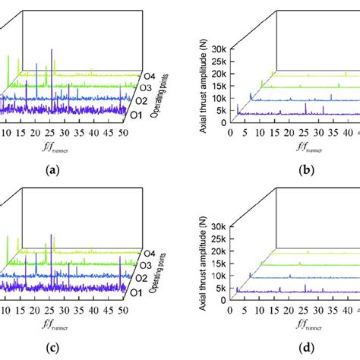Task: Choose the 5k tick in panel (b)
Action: (219, 112)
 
